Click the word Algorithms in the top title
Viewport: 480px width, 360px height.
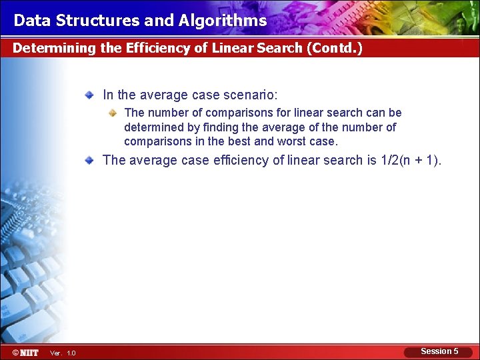[223, 21]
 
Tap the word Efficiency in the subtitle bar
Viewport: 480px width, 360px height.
[155, 49]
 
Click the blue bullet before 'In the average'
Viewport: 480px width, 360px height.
[89, 95]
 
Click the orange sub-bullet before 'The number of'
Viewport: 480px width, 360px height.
[113, 113]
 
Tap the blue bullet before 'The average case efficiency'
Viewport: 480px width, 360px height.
[89, 160]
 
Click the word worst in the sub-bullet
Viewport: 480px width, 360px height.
[292, 141]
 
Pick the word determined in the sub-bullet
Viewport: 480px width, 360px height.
[152, 127]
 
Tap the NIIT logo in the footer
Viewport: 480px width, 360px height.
[25, 351]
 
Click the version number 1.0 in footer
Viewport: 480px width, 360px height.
[71, 353]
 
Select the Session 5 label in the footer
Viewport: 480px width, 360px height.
[439, 351]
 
